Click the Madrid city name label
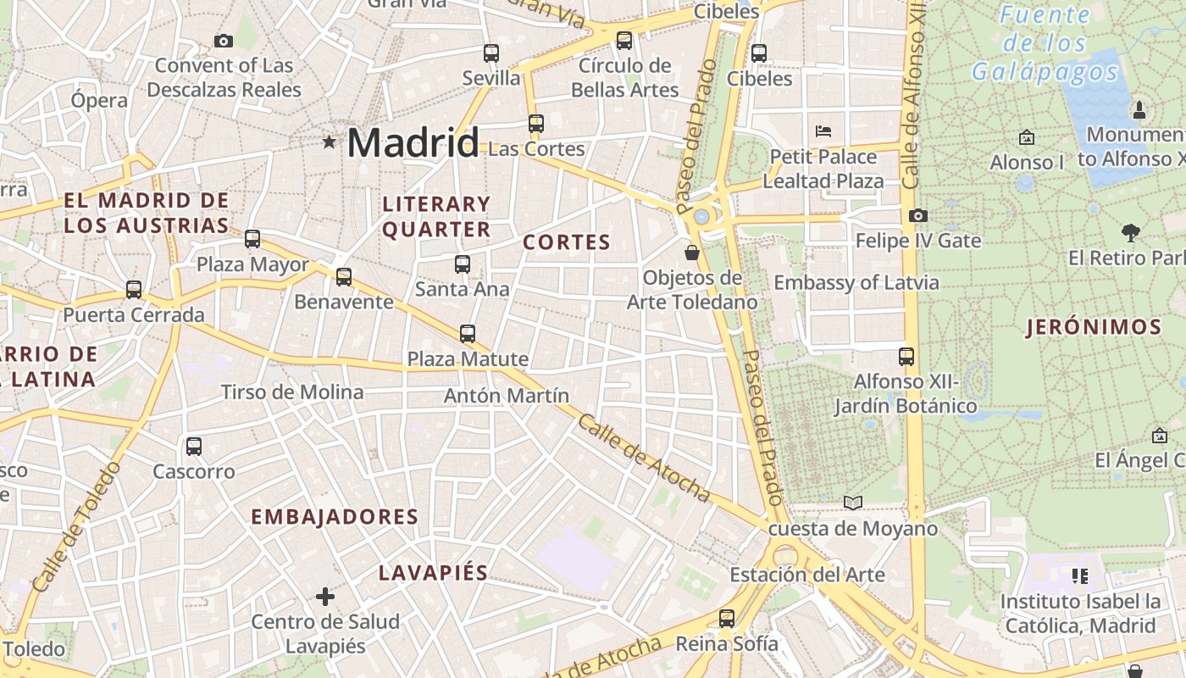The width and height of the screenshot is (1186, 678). pos(413,142)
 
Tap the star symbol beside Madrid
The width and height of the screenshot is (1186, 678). pos(329,142)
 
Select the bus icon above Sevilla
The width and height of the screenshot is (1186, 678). pos(491,53)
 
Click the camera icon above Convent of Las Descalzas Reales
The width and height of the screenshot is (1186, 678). pos(224,41)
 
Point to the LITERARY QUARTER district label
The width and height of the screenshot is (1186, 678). pos(436,216)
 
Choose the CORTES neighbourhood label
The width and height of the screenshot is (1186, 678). pos(567,242)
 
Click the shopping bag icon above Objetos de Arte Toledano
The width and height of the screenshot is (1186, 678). pos(692,253)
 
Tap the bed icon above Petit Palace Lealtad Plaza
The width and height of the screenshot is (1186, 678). pos(823,131)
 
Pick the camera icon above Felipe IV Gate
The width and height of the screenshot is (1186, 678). pos(917,216)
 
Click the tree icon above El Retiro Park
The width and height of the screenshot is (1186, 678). pos(1130,233)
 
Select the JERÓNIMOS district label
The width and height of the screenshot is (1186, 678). pos(1094,327)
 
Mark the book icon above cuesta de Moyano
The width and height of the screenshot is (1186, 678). pos(853,503)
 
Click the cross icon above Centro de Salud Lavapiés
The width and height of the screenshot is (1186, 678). pos(325,597)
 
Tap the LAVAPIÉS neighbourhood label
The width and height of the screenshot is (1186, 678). pos(433,573)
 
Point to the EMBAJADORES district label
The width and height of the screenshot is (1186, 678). pos(335,517)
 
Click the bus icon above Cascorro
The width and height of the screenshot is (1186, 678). pos(194,447)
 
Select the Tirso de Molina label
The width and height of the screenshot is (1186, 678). pos(291,392)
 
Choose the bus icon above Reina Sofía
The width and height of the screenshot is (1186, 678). pos(727,619)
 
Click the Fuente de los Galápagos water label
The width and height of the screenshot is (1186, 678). pos(1045,42)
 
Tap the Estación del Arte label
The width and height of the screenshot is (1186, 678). pos(806,575)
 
